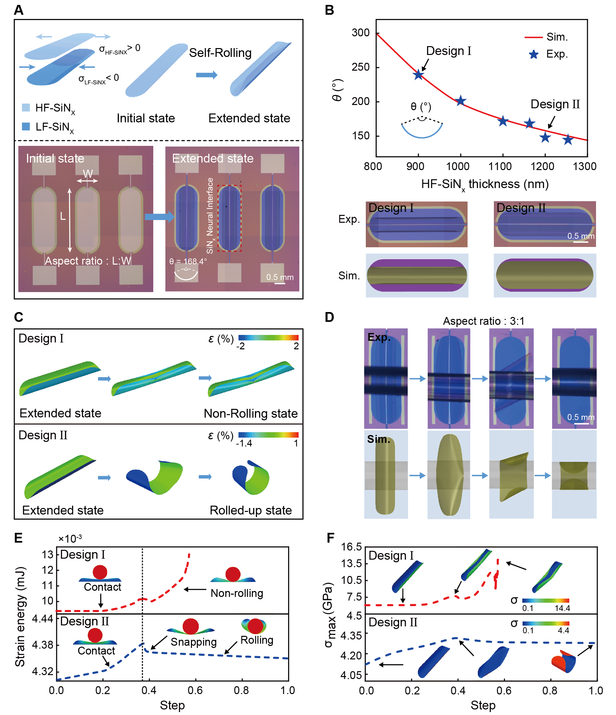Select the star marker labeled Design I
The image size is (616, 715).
(419, 75)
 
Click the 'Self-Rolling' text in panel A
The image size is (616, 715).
(220, 53)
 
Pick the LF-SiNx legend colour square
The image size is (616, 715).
(26, 126)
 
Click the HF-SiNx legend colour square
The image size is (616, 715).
(26, 107)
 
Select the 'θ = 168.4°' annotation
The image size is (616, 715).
(188, 261)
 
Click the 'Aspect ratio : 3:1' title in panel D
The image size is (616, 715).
(483, 321)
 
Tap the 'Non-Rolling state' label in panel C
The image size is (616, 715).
(251, 413)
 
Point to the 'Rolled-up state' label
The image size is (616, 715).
(251, 510)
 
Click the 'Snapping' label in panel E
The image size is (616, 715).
(194, 642)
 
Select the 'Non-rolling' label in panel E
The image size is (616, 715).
(237, 593)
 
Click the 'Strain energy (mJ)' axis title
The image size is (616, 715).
(20, 616)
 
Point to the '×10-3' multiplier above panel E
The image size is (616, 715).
(70, 539)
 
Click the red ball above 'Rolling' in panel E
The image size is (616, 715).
(255, 626)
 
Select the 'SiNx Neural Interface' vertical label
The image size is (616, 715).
(210, 216)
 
